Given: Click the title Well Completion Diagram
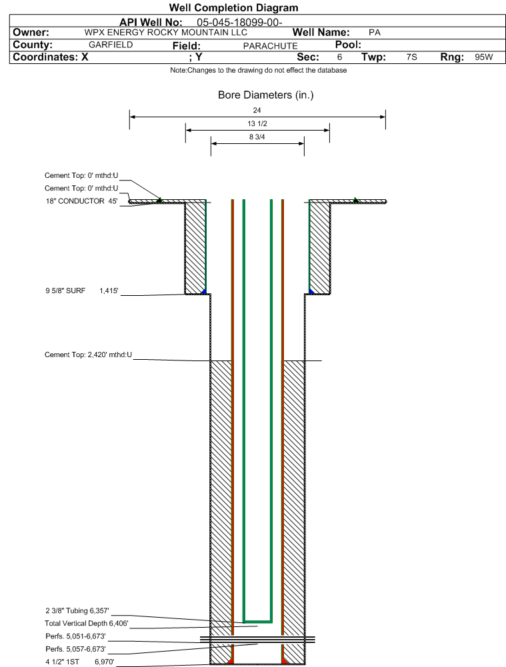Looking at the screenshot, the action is point(233,7).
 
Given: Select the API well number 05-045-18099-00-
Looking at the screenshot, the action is point(239,23).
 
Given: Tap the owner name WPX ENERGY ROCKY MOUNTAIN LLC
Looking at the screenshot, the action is point(165,33).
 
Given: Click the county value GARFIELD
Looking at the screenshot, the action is point(111,45).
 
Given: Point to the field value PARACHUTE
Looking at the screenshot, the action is point(270,46).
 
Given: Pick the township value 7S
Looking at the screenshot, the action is point(411,57).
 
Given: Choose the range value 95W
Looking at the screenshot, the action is point(484,57).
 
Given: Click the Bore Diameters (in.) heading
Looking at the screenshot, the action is point(265,95).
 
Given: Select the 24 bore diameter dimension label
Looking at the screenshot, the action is point(257,110).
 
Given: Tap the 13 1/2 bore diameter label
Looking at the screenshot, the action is point(257,123).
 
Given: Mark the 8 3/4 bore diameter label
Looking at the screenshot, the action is point(257,137).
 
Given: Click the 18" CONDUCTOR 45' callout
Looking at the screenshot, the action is point(82,201).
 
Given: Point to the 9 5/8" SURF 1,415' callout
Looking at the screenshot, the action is point(82,291).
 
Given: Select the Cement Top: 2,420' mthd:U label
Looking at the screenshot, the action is point(89,354).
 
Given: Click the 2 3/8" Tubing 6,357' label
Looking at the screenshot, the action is point(77,610).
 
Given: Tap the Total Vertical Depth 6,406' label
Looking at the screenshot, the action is point(87,623).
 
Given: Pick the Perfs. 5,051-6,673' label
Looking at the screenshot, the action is point(76,636).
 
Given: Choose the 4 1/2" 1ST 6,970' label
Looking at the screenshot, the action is point(80,662).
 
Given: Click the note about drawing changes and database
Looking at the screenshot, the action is point(258,70).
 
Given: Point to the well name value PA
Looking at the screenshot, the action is point(375,33).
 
